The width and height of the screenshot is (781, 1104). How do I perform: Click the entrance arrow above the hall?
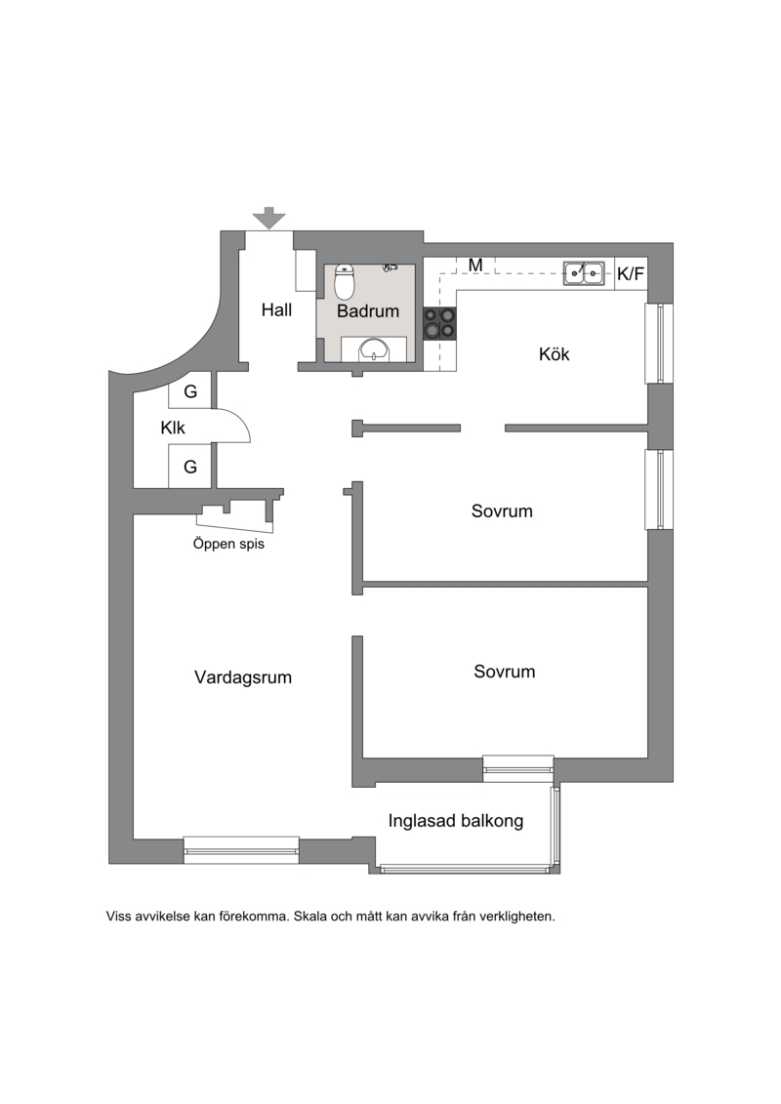[269, 219]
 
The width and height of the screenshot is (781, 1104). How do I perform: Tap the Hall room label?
[276, 309]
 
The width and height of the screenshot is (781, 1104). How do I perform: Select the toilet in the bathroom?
[344, 282]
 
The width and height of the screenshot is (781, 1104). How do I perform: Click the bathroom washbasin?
[373, 349]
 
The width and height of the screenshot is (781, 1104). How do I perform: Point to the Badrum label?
[368, 311]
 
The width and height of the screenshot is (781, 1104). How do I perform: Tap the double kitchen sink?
[584, 272]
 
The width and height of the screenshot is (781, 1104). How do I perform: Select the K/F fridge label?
[631, 274]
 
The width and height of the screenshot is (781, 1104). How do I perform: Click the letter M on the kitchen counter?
[476, 266]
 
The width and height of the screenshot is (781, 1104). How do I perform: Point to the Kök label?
[555, 354]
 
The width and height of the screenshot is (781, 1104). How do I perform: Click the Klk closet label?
[173, 428]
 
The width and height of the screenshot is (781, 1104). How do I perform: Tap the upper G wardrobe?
[190, 391]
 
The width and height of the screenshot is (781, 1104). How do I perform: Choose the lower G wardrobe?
[190, 467]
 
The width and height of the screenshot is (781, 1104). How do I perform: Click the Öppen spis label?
[228, 544]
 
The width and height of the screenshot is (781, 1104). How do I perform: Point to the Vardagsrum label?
[243, 677]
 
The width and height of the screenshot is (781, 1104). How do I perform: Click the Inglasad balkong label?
[456, 821]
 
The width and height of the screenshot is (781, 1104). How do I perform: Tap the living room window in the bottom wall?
[241, 850]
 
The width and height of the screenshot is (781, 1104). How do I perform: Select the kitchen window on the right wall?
[659, 343]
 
